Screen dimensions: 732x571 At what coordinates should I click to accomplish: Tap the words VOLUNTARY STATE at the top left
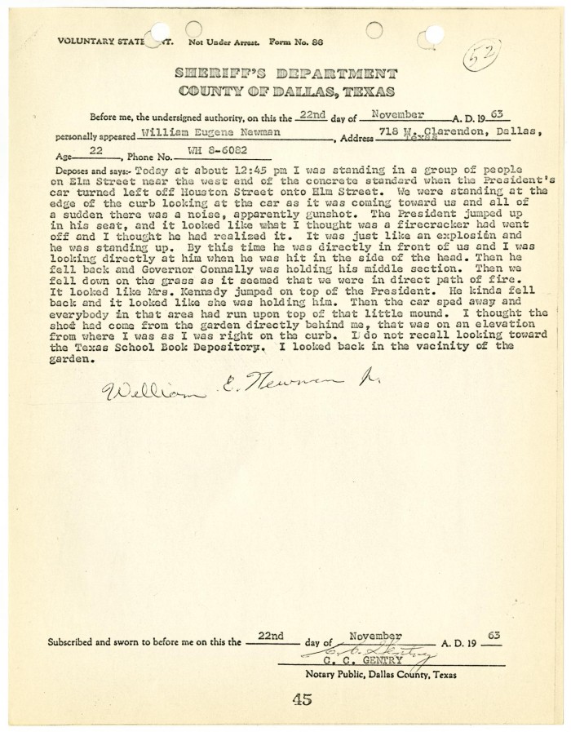click(96, 40)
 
